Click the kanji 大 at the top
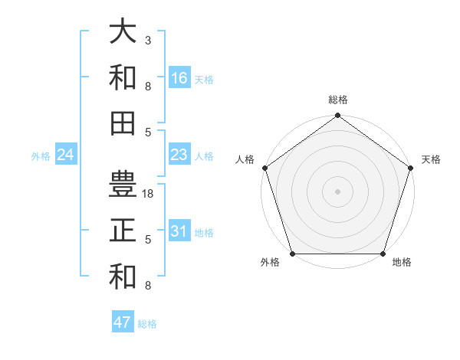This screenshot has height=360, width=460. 123,33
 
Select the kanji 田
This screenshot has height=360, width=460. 123,122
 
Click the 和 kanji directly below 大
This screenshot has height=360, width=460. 123,77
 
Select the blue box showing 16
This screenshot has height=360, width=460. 179,78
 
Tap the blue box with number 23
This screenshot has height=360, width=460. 179,155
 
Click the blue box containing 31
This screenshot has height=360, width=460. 179,231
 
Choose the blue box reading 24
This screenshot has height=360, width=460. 65,155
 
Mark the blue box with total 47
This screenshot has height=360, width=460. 122,322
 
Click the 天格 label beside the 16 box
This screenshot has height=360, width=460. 204,80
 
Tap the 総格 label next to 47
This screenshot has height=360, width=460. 147,324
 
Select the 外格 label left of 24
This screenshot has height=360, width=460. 41,156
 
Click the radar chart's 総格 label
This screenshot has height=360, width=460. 337,100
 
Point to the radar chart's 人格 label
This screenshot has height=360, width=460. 245,159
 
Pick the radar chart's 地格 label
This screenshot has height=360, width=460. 402,263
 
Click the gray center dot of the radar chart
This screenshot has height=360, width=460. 337,191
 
